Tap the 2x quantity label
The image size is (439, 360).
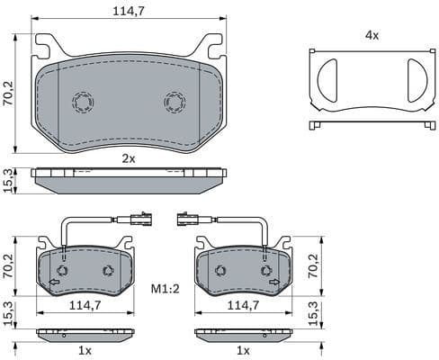click(129, 158)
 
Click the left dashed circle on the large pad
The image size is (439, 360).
click(82, 102)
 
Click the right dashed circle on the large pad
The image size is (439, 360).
click(175, 102)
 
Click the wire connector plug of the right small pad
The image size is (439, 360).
click(191, 217)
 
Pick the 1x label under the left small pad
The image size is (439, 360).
click(84, 349)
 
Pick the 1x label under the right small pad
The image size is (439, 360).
click(242, 349)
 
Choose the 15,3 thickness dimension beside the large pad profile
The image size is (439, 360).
click(9, 180)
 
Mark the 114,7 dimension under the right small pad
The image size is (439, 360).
click(242, 306)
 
